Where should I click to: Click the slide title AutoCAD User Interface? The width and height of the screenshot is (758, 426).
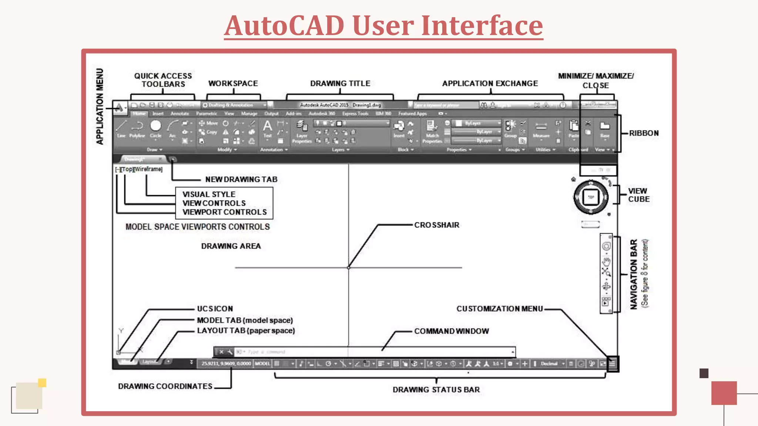click(383, 26)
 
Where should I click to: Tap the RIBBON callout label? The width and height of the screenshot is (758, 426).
click(644, 133)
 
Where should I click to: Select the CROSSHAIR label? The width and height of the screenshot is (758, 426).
click(437, 225)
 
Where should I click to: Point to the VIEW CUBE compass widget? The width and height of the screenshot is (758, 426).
click(591, 197)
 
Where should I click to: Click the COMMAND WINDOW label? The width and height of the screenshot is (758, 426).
click(452, 331)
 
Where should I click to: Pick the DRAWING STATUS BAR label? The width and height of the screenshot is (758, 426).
click(436, 389)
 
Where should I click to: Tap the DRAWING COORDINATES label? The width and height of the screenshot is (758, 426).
click(165, 386)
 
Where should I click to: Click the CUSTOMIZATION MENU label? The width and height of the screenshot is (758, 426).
click(500, 309)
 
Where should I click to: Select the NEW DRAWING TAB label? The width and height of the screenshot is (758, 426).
click(241, 179)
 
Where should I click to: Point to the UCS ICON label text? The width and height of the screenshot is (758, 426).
click(215, 309)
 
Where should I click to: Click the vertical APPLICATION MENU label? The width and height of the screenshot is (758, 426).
click(100, 106)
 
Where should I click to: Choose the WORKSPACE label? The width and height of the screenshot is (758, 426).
click(233, 84)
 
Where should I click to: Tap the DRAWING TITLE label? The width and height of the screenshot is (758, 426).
click(340, 84)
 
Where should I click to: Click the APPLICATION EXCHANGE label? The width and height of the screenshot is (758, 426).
click(490, 84)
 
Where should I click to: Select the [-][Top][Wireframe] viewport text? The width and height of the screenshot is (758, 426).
click(139, 169)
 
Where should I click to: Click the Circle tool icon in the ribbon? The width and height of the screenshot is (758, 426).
click(156, 126)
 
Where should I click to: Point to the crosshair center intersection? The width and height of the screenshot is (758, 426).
click(348, 267)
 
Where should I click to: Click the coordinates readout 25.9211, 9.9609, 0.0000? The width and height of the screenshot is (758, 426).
click(226, 364)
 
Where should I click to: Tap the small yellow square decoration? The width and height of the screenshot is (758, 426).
click(42, 383)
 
